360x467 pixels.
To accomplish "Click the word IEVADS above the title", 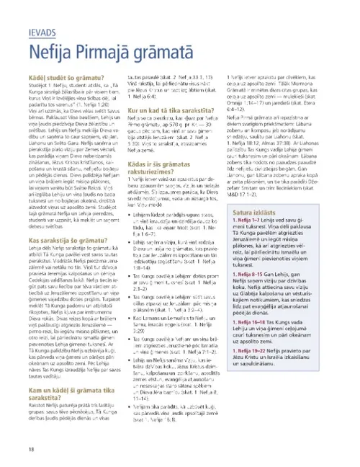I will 42,33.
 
